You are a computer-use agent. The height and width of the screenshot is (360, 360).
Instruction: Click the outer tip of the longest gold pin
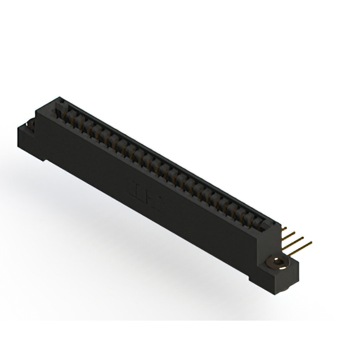point(310,244)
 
